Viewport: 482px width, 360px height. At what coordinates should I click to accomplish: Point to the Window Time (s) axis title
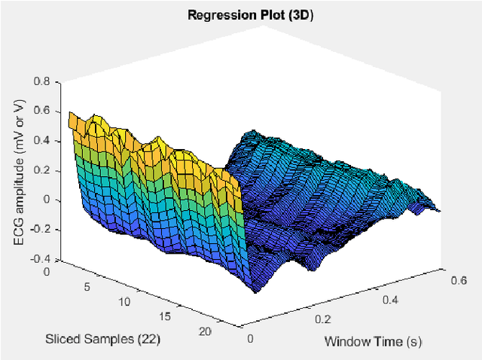click(372, 341)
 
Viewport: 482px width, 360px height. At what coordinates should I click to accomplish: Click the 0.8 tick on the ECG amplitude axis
click(41, 81)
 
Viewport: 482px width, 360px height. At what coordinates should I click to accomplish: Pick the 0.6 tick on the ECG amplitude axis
click(41, 111)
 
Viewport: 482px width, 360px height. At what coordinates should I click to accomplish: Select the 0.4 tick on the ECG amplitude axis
click(41, 140)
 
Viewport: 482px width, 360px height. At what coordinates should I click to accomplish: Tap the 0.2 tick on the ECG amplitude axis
click(41, 170)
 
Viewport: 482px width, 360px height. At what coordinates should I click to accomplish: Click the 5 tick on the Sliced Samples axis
click(87, 286)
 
